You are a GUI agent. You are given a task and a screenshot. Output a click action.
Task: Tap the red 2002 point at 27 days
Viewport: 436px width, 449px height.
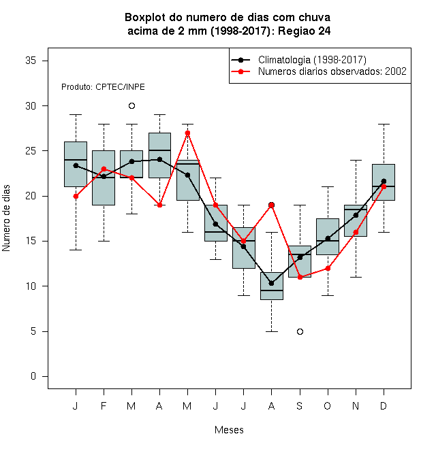(x=187, y=133)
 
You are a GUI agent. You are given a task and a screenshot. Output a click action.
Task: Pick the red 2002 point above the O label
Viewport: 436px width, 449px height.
(x=328, y=268)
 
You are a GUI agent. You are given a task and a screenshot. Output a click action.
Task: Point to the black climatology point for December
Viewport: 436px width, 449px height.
(x=384, y=181)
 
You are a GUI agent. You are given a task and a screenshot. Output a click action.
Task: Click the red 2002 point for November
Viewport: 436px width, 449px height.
(x=356, y=232)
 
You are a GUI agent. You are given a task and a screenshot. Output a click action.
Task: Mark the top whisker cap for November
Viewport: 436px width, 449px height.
(x=356, y=161)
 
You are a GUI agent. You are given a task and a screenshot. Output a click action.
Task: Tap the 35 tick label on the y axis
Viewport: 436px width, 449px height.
(x=31, y=61)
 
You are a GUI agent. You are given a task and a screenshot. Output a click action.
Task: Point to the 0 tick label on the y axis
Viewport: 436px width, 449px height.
(x=33, y=376)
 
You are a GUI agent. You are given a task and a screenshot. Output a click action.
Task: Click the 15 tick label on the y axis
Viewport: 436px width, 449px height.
(x=31, y=241)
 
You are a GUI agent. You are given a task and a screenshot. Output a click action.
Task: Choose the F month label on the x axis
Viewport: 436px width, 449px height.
(x=104, y=405)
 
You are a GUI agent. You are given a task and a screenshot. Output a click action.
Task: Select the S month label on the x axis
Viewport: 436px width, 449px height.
(x=300, y=405)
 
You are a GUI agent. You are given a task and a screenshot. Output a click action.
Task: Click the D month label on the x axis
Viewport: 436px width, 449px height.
(x=384, y=405)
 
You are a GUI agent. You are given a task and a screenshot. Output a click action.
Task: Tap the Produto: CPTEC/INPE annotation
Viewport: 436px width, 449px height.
(x=103, y=87)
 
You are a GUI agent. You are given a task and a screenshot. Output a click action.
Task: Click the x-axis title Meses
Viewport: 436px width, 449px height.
(x=229, y=430)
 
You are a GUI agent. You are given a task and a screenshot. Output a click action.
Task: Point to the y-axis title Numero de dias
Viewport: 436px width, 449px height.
(x=6, y=218)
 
